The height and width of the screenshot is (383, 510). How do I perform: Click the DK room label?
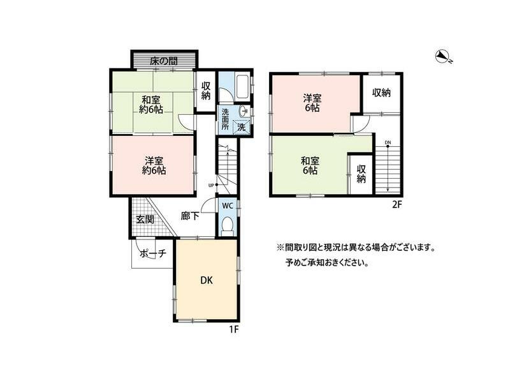tap(206, 280)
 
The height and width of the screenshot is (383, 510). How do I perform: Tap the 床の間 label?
tap(163, 62)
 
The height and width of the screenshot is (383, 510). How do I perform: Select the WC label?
tap(227, 206)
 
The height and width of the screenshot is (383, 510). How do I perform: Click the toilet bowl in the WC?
tap(227, 225)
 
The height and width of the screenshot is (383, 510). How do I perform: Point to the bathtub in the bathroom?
tap(243, 87)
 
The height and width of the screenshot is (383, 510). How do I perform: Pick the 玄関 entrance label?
tap(145, 219)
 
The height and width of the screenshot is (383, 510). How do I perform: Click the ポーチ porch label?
tap(153, 253)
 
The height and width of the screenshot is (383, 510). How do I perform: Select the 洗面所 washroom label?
tap(225, 119)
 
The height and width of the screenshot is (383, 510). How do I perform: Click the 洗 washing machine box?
tap(242, 126)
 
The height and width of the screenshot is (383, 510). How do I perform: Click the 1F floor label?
tap(234, 329)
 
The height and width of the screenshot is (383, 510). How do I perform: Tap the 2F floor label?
tap(397, 205)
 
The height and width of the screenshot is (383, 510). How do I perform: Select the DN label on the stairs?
tap(388, 142)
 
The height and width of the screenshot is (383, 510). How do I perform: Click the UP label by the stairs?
tap(211, 185)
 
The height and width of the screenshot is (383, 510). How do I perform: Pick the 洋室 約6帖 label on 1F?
tap(154, 165)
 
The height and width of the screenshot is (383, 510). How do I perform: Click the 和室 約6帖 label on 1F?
tap(151, 104)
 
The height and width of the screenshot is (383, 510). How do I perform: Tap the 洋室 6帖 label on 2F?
tap(312, 103)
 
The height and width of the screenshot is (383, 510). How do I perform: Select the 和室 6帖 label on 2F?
tap(310, 166)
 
